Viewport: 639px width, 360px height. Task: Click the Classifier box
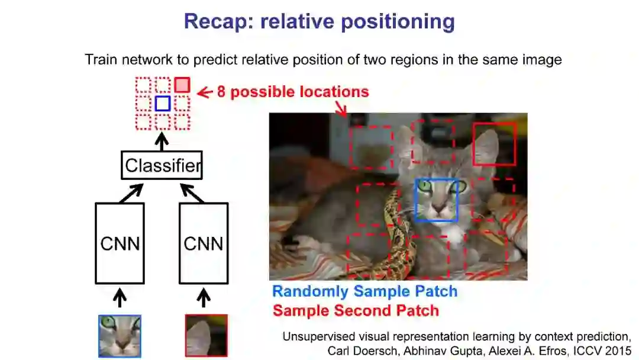[x=162, y=165]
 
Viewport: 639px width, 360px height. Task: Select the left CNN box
[x=120, y=243]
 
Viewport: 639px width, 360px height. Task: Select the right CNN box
[x=204, y=243]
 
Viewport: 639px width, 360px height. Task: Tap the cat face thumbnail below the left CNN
[x=120, y=336]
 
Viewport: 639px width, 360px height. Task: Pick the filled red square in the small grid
[x=182, y=85]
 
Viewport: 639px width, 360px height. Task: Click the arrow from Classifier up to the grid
[x=162, y=142]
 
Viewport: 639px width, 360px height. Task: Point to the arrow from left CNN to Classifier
[x=131, y=193]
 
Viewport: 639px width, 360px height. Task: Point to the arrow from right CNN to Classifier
[x=192, y=193]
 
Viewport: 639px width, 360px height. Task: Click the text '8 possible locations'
[x=293, y=92]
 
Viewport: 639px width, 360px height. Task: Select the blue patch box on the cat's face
[x=437, y=200]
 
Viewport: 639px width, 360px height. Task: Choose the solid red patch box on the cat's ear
[x=495, y=144]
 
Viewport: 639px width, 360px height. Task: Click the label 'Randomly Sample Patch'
[x=364, y=291]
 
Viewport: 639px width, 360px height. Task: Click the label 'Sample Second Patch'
[x=356, y=310]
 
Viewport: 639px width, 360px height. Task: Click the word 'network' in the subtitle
[x=144, y=60]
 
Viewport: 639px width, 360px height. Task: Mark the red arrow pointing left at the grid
[x=204, y=92]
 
